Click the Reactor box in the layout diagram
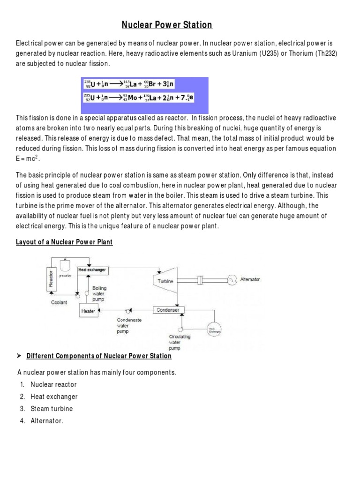click(50, 279)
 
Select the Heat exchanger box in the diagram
click(92, 270)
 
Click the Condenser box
click(168, 310)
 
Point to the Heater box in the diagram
click(88, 311)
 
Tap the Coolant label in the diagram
click(60, 302)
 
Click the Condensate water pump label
click(129, 325)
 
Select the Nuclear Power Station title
click(167, 25)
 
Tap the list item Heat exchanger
click(54, 397)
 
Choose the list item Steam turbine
click(52, 409)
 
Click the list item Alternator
click(47, 421)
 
